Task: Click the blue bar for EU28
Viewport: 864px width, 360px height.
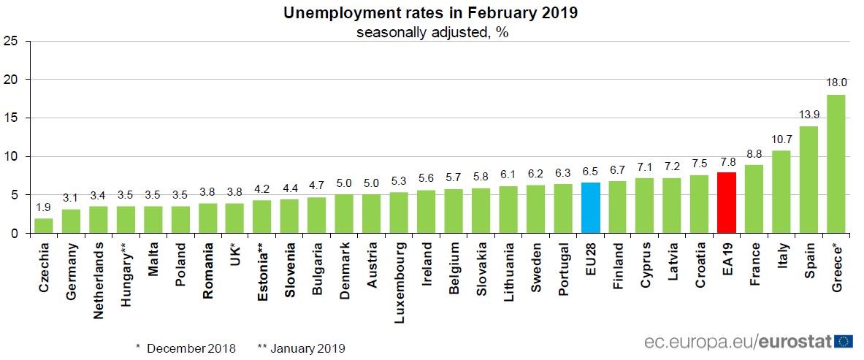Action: (x=590, y=208)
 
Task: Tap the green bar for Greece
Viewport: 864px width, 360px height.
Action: (x=836, y=164)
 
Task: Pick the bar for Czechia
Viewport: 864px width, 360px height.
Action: (x=44, y=226)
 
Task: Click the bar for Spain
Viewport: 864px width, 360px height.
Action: (x=808, y=180)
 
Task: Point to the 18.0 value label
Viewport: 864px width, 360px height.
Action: (x=836, y=83)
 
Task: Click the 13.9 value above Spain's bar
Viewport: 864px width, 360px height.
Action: (x=808, y=115)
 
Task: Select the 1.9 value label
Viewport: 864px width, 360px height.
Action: (x=44, y=207)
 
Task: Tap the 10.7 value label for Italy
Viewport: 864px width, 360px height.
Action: (x=781, y=139)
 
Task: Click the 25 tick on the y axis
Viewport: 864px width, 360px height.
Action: (x=10, y=41)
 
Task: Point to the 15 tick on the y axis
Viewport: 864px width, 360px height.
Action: (x=10, y=118)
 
